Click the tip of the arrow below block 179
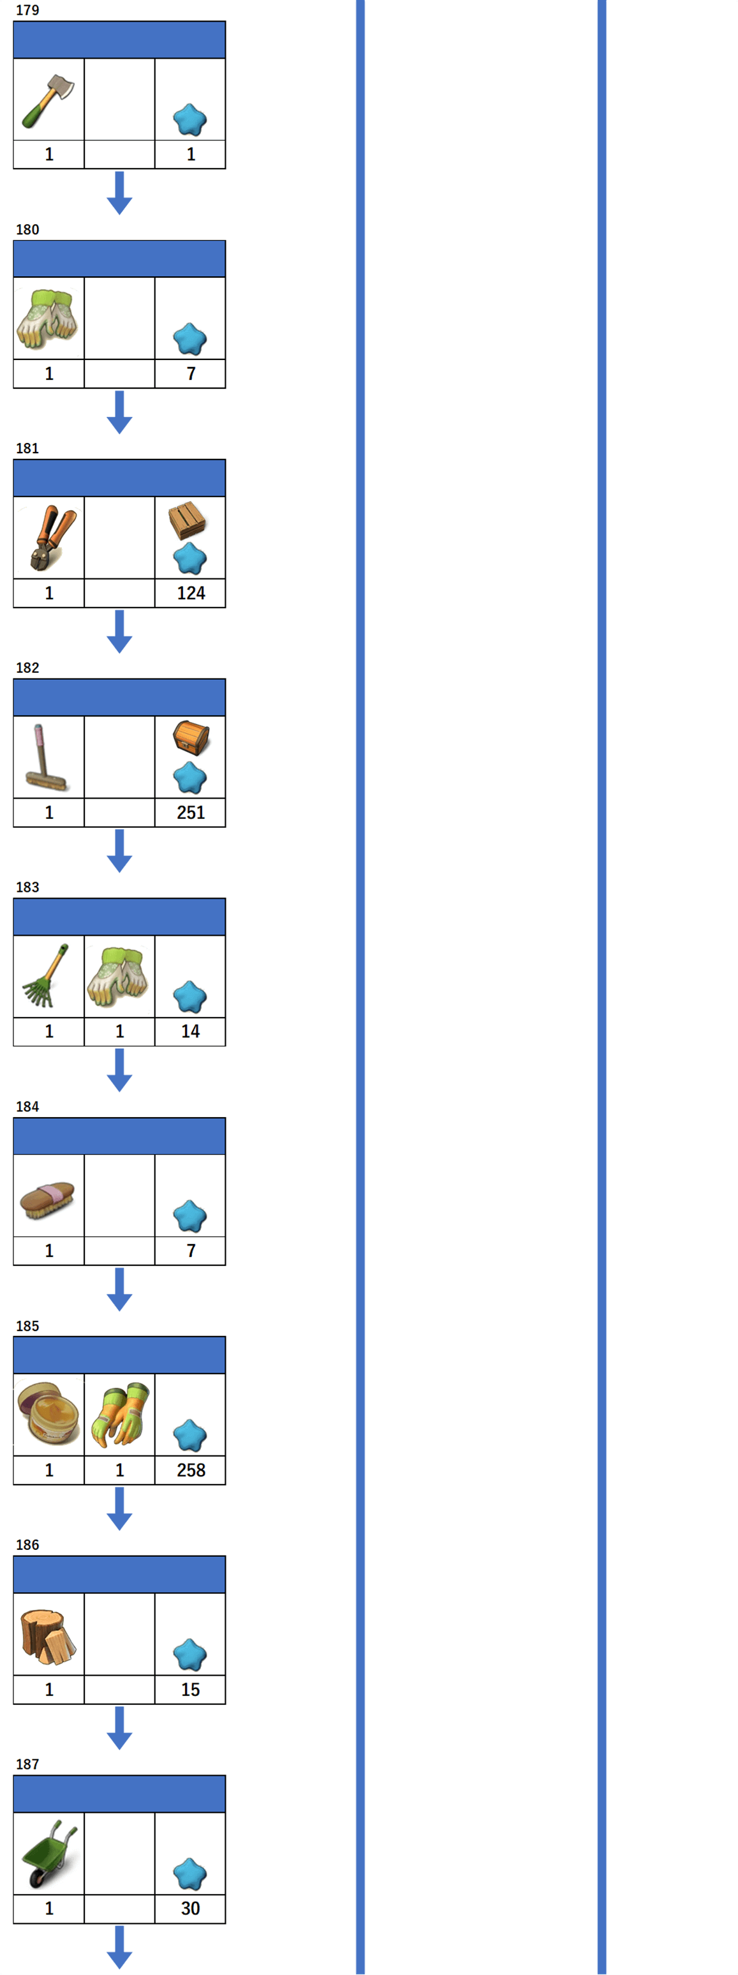click(x=119, y=214)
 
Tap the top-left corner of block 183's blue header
click(x=14, y=899)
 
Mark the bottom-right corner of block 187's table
click(x=225, y=1923)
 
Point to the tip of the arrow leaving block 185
click(x=119, y=1529)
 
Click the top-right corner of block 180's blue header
click(x=225, y=241)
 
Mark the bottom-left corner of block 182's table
click(x=14, y=827)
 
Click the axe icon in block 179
click(x=47, y=100)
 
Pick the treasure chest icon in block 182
click(x=191, y=737)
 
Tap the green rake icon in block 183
click(x=45, y=975)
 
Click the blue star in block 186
click(x=190, y=1655)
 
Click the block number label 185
click(x=27, y=1326)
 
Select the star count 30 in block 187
click(x=190, y=1909)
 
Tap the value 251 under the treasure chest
click(x=191, y=812)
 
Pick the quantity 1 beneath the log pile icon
click(x=49, y=1689)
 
